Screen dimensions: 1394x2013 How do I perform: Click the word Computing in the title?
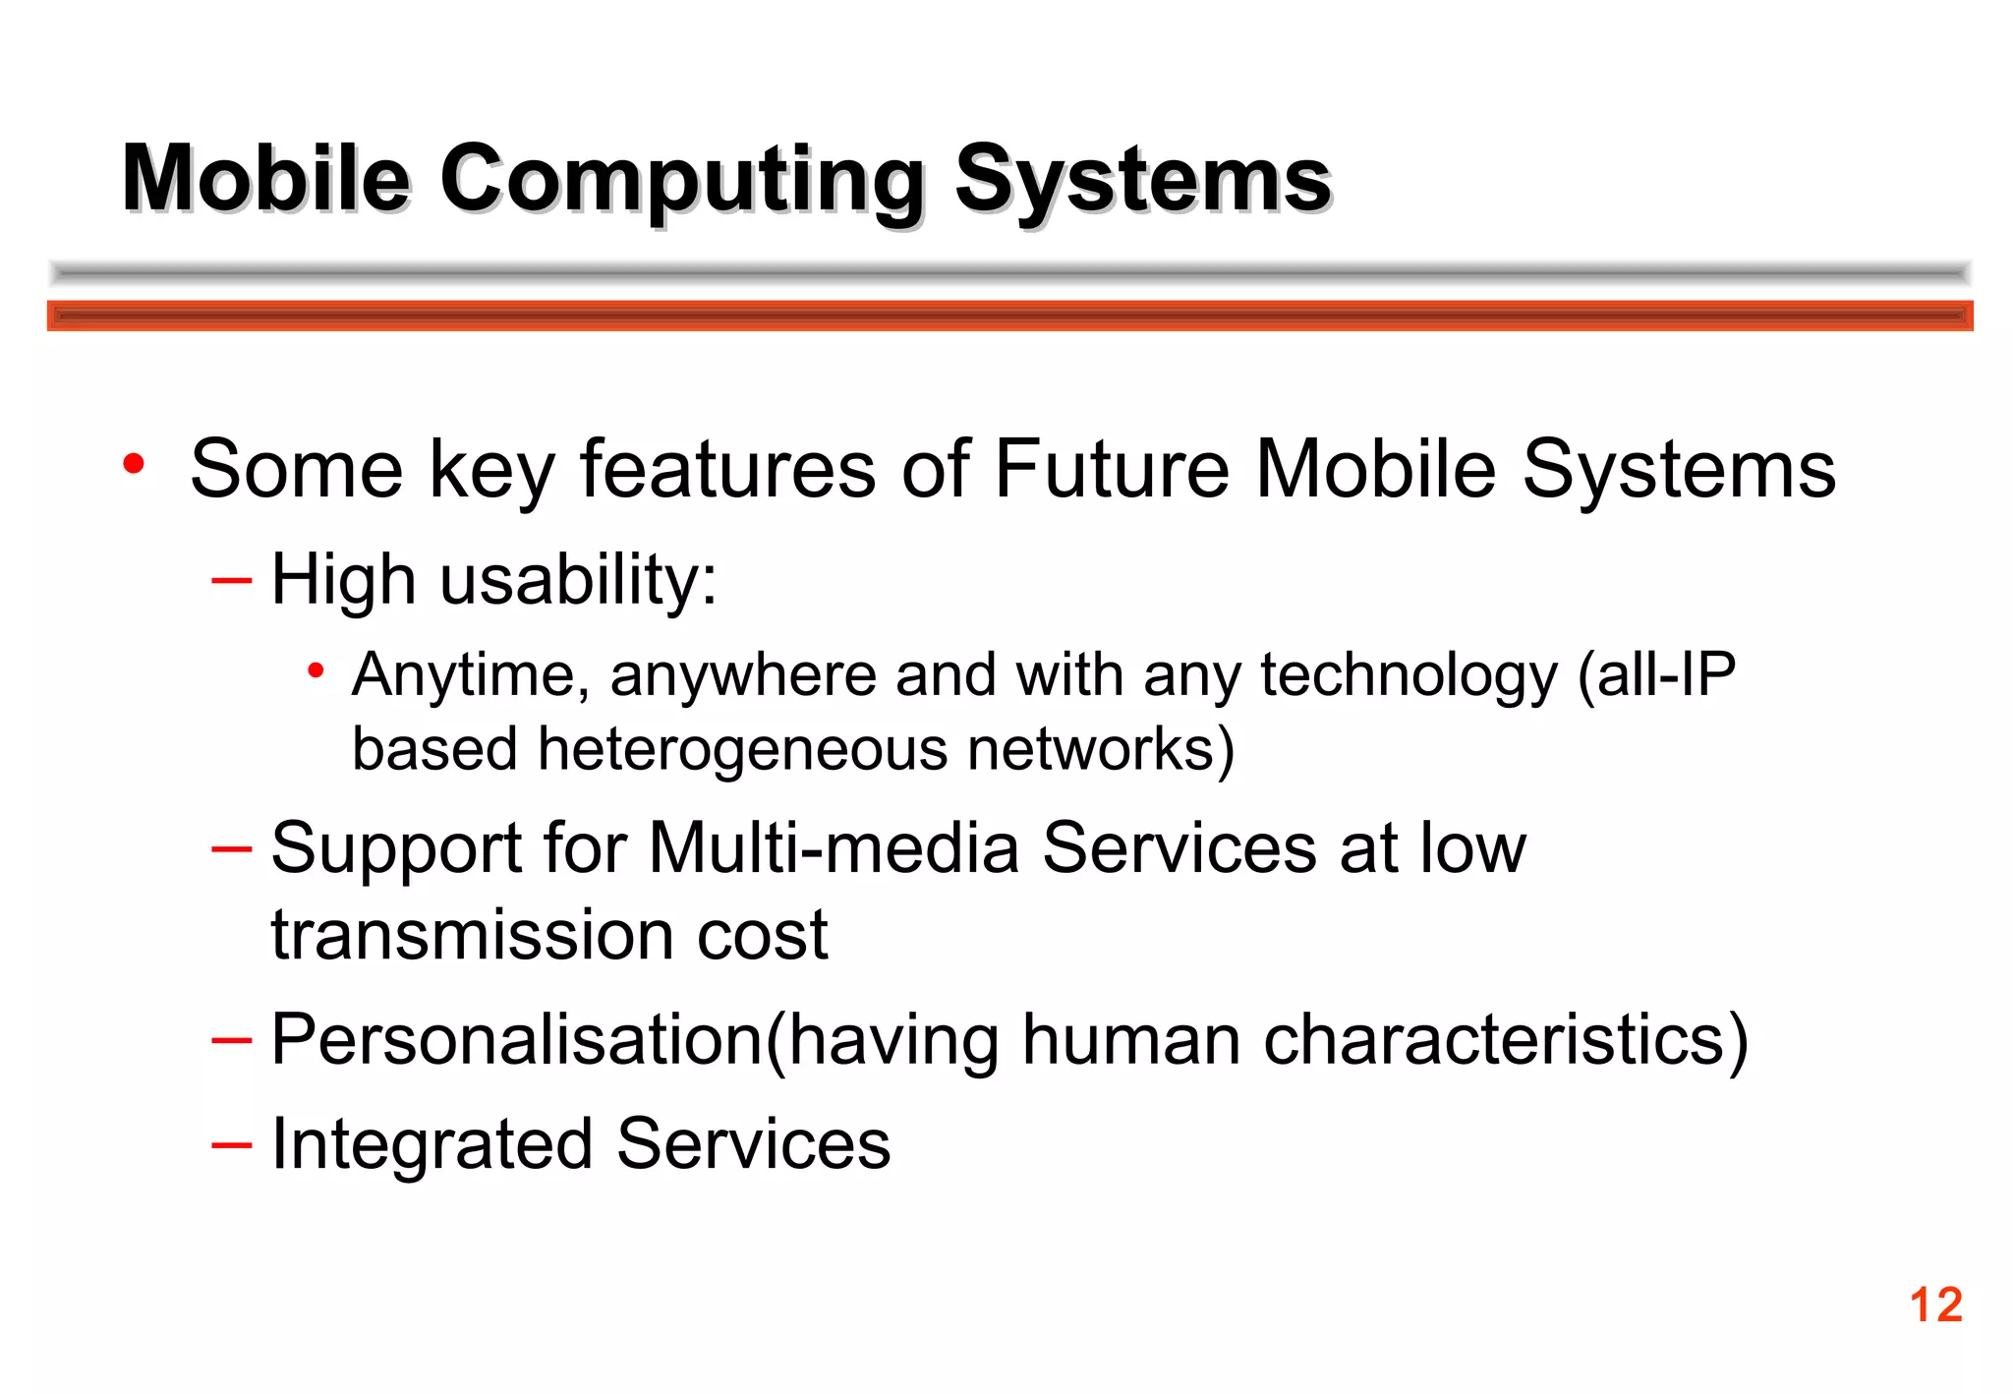[681, 179]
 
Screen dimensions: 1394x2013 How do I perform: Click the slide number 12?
[1935, 1306]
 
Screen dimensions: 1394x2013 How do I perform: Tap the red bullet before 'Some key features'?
[134, 463]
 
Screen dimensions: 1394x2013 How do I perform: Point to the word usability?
[577, 579]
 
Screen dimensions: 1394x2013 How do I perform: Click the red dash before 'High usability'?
[232, 580]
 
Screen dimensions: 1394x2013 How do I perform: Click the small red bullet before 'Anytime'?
[316, 671]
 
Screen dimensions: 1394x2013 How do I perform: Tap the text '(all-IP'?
[1656, 675]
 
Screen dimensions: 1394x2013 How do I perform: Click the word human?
[1131, 1039]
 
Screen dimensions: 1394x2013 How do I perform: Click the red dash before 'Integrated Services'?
[232, 1144]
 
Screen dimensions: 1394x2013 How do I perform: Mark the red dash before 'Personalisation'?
[232, 1039]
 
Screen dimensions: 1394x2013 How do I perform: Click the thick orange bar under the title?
[1009, 316]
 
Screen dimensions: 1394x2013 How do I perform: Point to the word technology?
[1409, 675]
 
